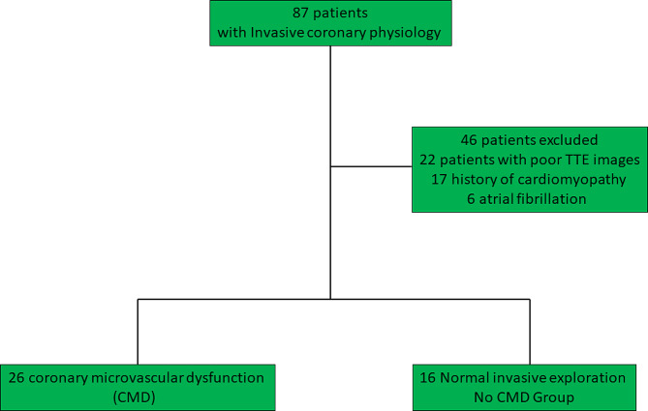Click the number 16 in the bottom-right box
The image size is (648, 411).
tap(431, 375)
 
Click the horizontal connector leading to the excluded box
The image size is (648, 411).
tap(371, 166)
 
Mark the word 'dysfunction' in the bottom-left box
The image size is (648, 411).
tap(221, 375)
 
